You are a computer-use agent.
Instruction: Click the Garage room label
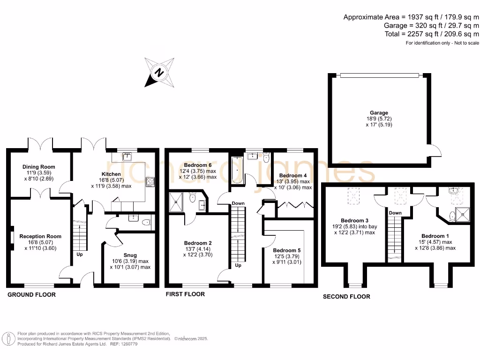click(x=379, y=112)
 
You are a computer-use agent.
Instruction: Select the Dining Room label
click(x=39, y=166)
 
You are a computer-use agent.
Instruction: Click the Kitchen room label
click(x=111, y=174)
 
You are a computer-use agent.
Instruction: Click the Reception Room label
click(x=40, y=236)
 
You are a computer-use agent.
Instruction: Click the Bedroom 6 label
click(x=198, y=165)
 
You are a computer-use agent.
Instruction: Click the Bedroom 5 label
click(x=287, y=250)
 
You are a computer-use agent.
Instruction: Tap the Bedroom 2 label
click(x=198, y=243)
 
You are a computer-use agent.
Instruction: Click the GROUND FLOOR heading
click(x=31, y=295)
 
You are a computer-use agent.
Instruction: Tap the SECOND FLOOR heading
click(x=346, y=296)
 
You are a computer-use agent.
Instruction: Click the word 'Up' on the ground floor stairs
click(x=80, y=255)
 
